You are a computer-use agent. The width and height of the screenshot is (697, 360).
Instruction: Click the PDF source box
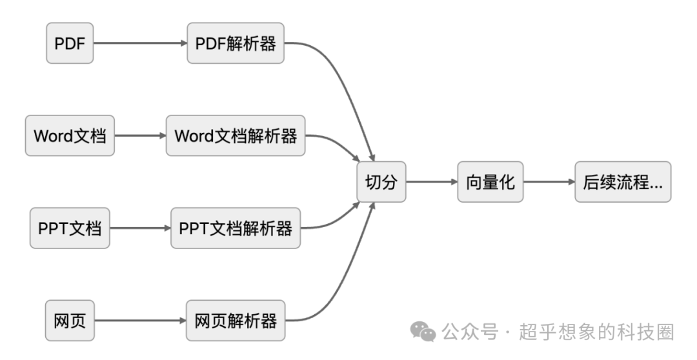point(70,43)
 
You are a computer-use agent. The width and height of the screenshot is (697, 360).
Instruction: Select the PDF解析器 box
point(236,43)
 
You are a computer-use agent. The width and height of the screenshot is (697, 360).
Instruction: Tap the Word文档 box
point(70,135)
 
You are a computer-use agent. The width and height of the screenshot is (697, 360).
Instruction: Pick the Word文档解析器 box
point(236,135)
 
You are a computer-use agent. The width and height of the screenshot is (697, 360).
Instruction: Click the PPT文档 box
point(70,228)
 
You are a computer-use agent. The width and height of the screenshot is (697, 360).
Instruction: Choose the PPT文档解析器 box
point(236,228)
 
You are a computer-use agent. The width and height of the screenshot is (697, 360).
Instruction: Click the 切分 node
point(381,182)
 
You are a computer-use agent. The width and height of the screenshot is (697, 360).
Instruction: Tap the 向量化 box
point(490,182)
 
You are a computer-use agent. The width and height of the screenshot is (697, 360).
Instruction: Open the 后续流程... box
point(623,182)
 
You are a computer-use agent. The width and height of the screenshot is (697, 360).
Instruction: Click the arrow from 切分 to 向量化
point(431,182)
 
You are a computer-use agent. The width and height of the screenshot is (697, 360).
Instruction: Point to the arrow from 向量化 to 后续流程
point(549,182)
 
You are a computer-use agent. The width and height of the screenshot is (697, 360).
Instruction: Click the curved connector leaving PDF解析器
point(342,84)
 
